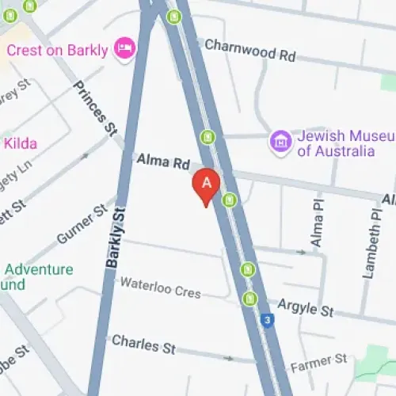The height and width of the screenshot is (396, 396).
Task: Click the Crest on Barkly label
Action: tap(56, 50)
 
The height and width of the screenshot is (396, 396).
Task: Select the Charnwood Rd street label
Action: tap(249, 50)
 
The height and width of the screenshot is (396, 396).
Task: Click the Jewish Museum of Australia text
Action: tap(336, 143)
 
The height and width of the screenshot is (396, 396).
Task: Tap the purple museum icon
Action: tap(280, 142)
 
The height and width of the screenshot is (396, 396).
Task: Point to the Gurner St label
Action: tap(81, 223)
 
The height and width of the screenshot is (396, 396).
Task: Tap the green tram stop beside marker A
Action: tap(230, 200)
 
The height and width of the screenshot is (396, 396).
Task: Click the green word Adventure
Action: tap(40, 269)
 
